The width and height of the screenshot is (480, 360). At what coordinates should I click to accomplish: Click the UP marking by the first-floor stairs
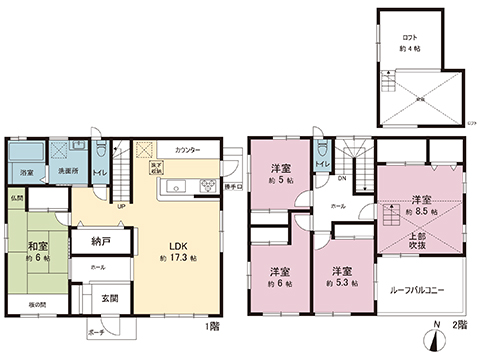[122, 208]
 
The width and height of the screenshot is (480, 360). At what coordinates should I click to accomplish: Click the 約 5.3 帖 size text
[342, 283]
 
